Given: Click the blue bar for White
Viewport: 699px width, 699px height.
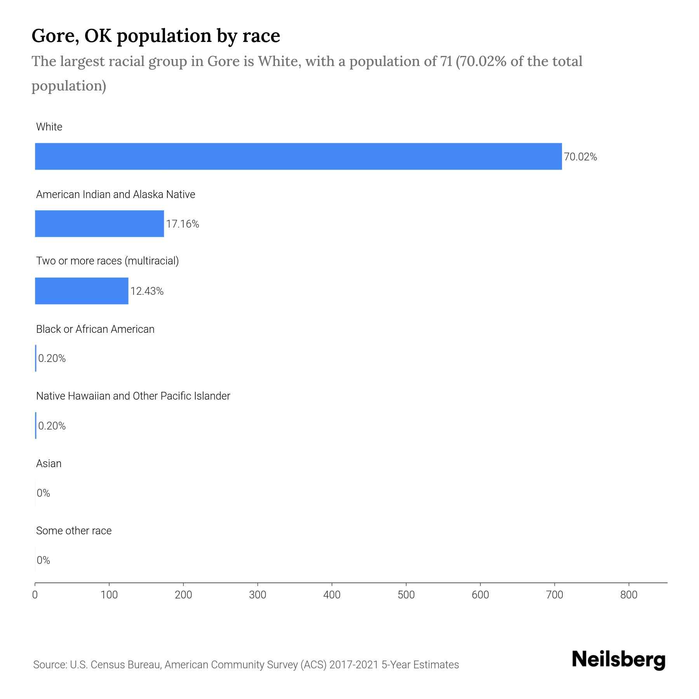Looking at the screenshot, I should tap(298, 156).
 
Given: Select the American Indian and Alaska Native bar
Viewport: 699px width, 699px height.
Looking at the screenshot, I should tap(99, 224).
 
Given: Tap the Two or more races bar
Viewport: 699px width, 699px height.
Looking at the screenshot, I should tap(82, 291).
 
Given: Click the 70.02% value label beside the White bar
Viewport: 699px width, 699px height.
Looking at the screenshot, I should tap(580, 157).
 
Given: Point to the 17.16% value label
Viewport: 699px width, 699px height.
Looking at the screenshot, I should tap(183, 224).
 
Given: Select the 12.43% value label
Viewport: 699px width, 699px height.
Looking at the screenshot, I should tap(147, 291).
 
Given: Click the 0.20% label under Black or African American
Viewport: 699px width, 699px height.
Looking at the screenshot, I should tap(52, 358).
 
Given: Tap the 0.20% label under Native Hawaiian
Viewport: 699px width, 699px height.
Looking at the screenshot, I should tap(52, 426).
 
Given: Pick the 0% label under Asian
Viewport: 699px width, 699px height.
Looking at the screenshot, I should tap(43, 493).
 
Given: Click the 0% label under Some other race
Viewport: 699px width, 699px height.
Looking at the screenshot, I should tap(43, 560).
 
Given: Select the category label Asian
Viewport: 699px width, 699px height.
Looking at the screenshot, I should tap(49, 464).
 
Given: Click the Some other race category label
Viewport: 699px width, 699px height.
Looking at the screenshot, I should tap(74, 531).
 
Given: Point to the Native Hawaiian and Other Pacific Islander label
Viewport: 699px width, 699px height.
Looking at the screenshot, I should tap(133, 396).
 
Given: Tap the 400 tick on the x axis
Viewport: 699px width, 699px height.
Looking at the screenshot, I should tap(332, 595).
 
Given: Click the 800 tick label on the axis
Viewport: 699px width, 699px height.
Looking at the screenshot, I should tap(629, 595).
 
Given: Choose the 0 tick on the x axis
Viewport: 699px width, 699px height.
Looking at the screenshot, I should tap(35, 595).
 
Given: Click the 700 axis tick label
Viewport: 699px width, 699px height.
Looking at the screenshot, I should tap(555, 595).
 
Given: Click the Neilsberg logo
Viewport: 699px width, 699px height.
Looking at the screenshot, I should tap(619, 660).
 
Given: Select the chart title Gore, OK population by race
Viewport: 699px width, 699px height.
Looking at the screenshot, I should tap(156, 36).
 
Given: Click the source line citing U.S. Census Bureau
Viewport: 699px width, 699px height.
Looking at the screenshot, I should tap(246, 665).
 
